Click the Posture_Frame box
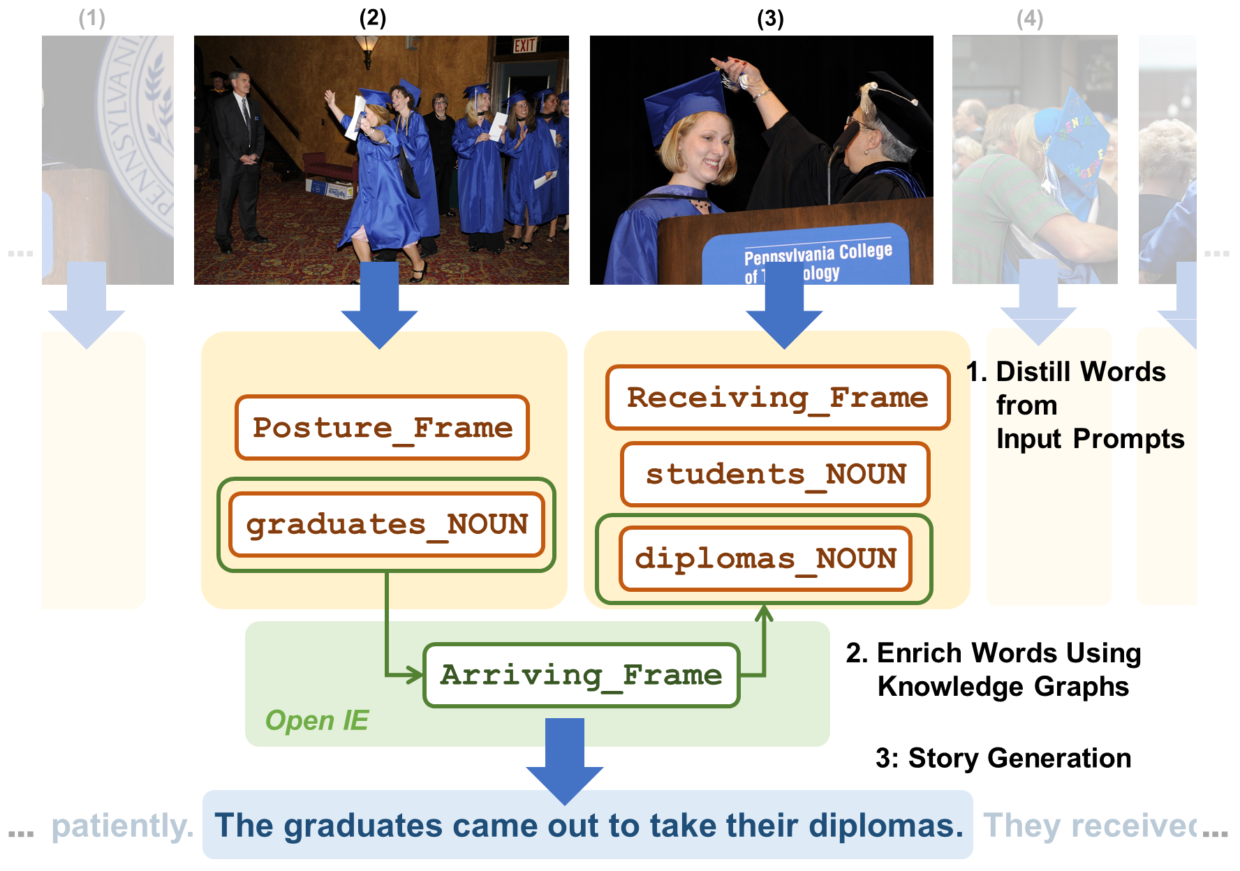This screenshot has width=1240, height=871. click(382, 427)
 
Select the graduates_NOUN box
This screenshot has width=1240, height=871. click(387, 524)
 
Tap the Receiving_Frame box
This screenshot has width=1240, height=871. click(777, 397)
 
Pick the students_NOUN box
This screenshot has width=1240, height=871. click(775, 474)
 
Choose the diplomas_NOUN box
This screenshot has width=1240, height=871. click(765, 558)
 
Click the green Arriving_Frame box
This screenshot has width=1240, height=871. click(581, 675)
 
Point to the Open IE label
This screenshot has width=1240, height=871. click(317, 720)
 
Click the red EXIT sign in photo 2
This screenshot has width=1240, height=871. click(525, 46)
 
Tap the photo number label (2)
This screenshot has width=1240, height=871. click(372, 18)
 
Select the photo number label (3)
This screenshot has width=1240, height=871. click(770, 18)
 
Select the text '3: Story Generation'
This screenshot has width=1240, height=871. click(1003, 758)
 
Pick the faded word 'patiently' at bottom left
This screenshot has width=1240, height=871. click(122, 826)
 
